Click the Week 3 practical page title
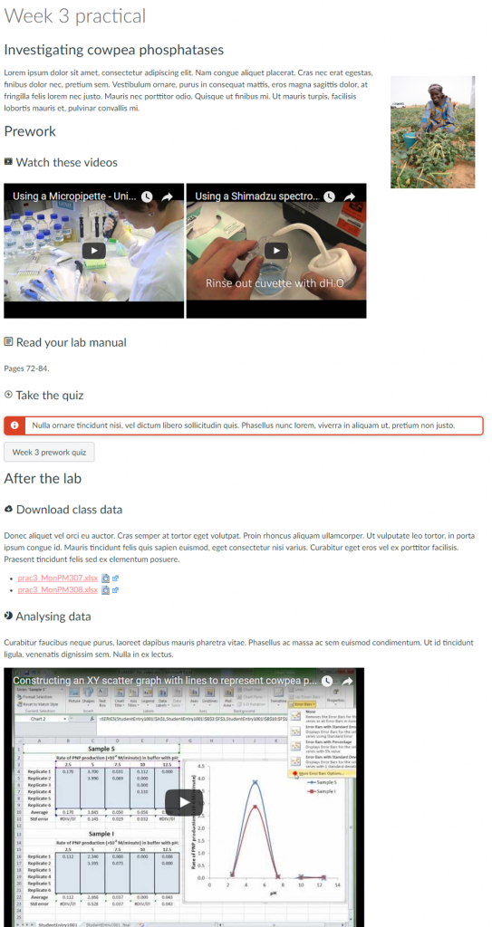point(74,16)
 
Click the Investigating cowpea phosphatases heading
point(113,50)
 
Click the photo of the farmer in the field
point(432,132)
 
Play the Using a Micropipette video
point(94,251)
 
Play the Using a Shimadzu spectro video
point(276,251)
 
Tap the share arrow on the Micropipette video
point(168,196)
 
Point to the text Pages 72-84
point(27,368)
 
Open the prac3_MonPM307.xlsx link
point(58,577)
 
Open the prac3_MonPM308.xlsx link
point(58,589)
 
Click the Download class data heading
point(69,510)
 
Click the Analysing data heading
point(53,616)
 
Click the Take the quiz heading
point(50,395)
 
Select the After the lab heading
point(43,478)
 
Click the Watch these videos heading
point(66,162)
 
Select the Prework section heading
point(30,131)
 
